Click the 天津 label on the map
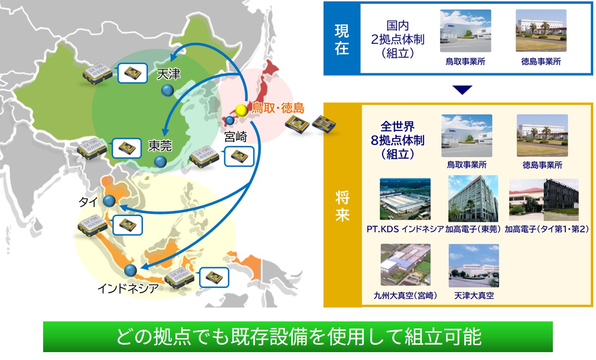point(168,73)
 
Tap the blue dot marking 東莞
point(160,161)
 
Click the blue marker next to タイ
point(109,201)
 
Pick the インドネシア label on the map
point(128,288)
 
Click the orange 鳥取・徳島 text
point(278,109)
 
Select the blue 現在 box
point(342,38)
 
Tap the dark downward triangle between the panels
point(462,90)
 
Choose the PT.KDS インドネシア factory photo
point(405,199)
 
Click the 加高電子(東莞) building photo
point(473,199)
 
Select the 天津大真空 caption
point(474,296)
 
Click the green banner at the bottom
point(298,337)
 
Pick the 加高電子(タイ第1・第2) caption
point(547,229)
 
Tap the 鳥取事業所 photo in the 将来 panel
point(467,136)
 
